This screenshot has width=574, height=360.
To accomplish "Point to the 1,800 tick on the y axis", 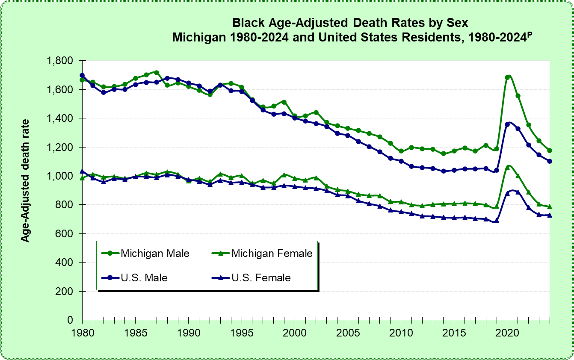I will click(61, 61).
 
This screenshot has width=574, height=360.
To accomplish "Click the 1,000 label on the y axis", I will click(61, 176).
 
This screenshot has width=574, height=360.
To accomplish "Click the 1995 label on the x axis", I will click(242, 332).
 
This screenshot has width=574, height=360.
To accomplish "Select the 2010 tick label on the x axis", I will click(401, 332).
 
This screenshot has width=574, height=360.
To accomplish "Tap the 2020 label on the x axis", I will click(507, 332).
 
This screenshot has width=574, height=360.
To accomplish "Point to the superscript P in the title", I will click(528, 34).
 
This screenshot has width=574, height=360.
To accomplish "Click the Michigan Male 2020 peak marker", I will click(507, 77).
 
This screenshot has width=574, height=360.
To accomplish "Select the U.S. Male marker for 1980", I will click(82, 76).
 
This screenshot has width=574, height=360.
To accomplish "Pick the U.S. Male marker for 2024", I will click(550, 161).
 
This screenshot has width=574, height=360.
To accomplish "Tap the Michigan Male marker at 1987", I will click(157, 73).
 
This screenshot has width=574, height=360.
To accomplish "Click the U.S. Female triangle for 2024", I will click(550, 215).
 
